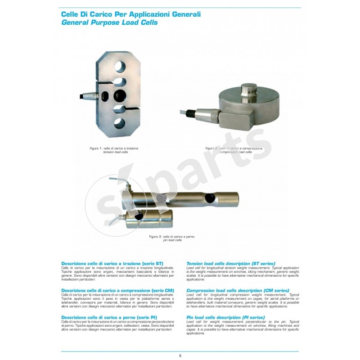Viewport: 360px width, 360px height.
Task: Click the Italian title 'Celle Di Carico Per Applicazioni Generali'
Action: point(130,14)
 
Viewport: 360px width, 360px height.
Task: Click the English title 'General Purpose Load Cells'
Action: point(109,22)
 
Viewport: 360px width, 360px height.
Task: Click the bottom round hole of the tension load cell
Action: point(120,122)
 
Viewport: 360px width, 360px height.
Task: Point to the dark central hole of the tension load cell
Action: point(120,95)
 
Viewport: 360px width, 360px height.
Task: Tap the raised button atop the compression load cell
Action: point(248,89)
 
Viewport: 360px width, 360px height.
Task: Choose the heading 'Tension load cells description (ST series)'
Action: point(230,263)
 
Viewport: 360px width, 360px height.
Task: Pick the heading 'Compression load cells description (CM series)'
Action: point(237,290)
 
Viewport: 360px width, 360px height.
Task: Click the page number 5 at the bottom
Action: point(180,356)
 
